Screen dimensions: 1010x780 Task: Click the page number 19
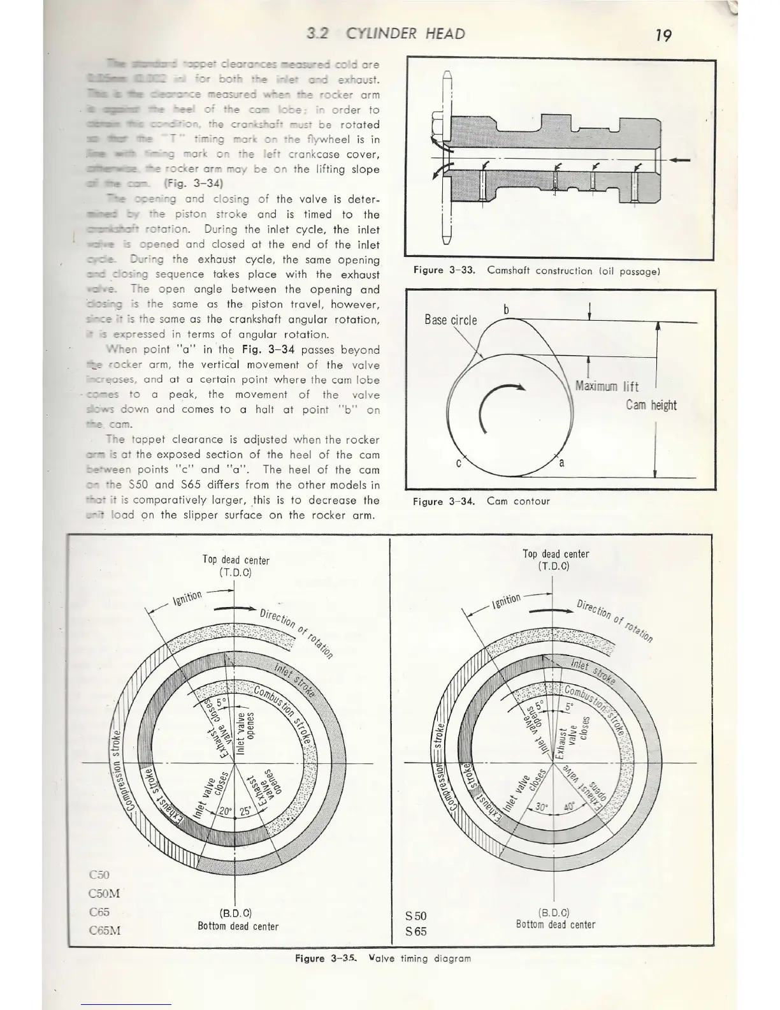click(x=663, y=35)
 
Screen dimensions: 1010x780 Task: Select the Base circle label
click(x=451, y=320)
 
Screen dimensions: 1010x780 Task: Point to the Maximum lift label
click(x=607, y=386)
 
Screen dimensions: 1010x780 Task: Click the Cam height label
click(x=651, y=406)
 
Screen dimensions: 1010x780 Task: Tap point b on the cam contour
click(x=506, y=310)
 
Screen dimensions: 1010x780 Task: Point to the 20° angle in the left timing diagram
click(x=226, y=812)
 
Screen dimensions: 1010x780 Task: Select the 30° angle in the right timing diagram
click(x=542, y=807)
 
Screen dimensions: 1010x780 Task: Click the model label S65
click(x=415, y=932)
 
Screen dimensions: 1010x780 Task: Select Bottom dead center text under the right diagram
click(x=555, y=925)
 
